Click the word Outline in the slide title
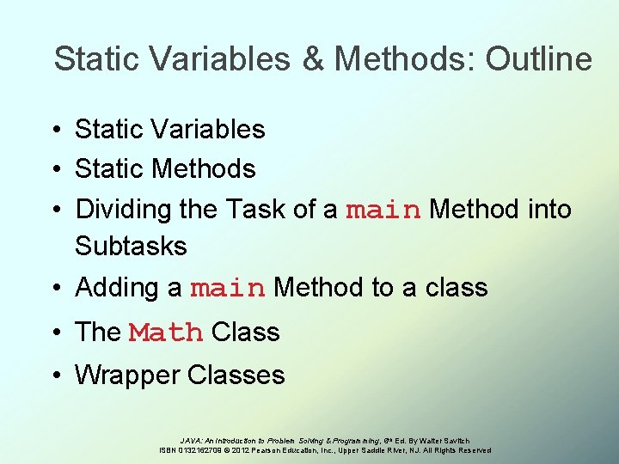tap(539, 59)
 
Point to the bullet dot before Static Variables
tap(54, 130)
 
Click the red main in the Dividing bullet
tap(383, 210)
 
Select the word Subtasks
tap(131, 246)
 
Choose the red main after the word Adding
tap(228, 289)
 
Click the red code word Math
tap(166, 333)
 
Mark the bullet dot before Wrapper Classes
tap(54, 375)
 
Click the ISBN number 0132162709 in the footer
tap(204, 450)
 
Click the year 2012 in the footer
tap(242, 450)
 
